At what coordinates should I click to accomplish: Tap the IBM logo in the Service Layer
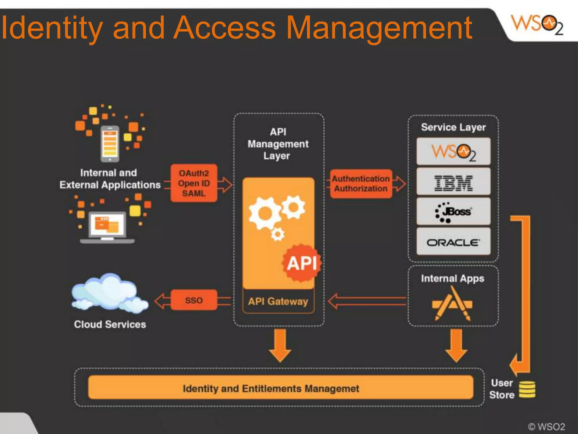[453, 183]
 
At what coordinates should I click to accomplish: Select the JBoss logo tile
[453, 212]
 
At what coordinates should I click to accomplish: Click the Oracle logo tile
[453, 242]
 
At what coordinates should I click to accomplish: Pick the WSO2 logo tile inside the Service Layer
[453, 152]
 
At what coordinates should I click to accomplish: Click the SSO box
[194, 300]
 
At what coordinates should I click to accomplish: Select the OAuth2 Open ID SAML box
[194, 183]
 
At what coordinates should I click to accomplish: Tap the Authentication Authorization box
[361, 184]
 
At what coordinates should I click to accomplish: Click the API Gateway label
[278, 301]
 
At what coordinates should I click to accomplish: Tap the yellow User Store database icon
[527, 389]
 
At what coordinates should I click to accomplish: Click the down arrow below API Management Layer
[280, 346]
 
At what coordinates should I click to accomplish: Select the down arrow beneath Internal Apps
[456, 346]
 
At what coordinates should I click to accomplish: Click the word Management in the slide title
[379, 28]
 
